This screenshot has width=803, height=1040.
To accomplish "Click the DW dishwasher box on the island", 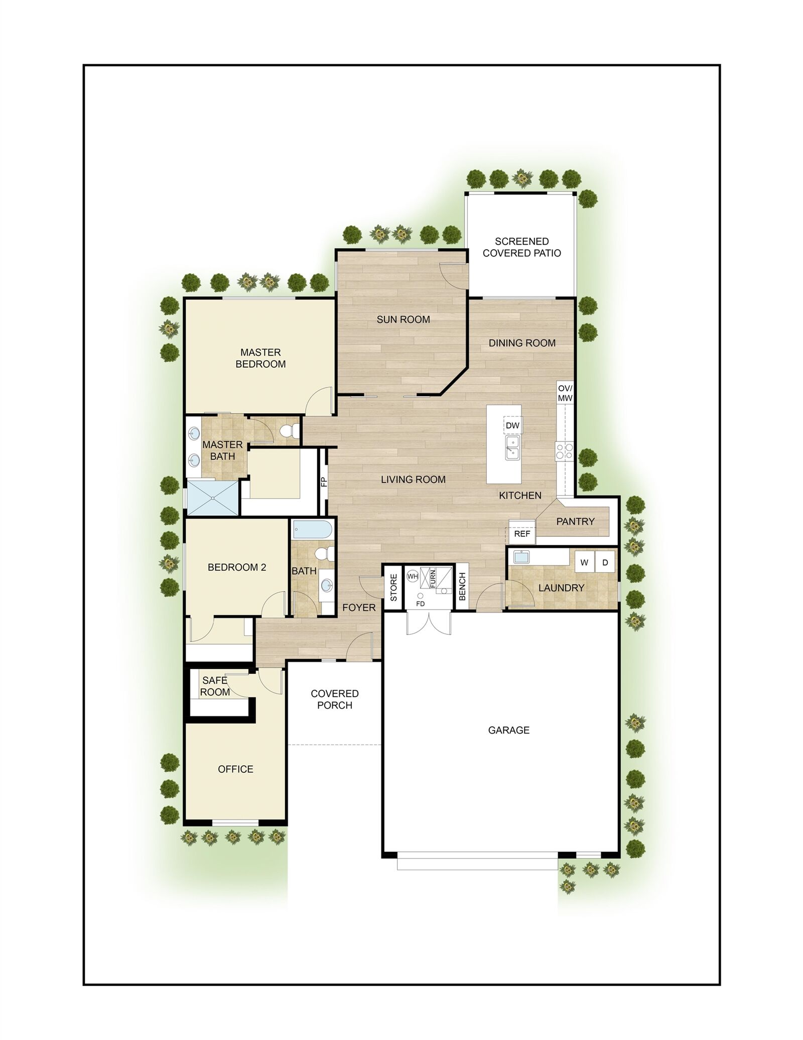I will point(512,425).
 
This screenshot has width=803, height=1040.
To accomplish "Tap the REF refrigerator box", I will point(521,533).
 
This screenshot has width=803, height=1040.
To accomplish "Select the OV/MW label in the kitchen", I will point(565,393).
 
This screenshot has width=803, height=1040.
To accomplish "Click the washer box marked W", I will point(584,562).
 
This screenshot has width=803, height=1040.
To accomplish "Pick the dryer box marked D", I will point(605,562).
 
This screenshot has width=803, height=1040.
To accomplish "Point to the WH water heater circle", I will point(413,576).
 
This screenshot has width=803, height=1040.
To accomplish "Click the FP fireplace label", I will point(324,482).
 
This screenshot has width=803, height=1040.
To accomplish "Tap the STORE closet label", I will point(393,588).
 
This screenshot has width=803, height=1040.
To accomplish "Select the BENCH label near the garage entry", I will point(462,586).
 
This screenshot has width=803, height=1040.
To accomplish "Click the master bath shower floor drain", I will point(213,498).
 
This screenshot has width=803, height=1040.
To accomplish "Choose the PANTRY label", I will point(575,521).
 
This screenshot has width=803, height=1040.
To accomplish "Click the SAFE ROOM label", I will point(215,686).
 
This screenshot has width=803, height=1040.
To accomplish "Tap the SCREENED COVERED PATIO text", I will point(521,247).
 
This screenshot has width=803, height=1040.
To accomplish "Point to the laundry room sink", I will point(520,557).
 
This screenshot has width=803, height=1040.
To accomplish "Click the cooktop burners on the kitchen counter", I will point(564,451).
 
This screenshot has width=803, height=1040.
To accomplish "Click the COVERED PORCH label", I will point(334,699).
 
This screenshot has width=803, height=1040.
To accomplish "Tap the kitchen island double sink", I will point(512,448).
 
